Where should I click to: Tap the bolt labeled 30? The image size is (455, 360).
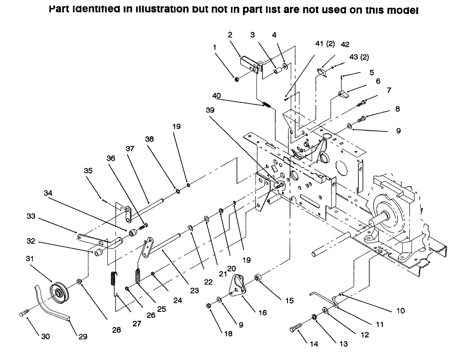pos(24,314)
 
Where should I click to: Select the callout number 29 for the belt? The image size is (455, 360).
pos(83,337)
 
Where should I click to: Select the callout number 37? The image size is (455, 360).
pos(130,149)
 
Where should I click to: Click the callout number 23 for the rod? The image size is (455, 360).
pos(194,291)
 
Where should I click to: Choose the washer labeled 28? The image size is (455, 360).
pos(79,282)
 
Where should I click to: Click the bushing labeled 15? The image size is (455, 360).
pos(258,278)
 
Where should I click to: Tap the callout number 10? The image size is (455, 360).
pos(400,311)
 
